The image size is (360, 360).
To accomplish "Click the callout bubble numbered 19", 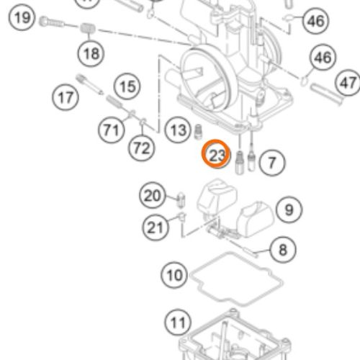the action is tap(22, 18).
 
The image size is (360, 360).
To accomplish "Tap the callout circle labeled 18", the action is tap(91, 53).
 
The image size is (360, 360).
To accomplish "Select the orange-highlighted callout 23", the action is tap(216, 154).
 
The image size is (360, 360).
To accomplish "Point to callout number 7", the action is tap(272, 163).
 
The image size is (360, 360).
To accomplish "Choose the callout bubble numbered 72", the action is tap(142, 148).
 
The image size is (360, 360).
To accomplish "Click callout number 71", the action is tap(112, 130).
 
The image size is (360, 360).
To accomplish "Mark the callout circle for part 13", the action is tap(178, 130).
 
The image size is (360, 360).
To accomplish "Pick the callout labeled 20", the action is tap(153, 196).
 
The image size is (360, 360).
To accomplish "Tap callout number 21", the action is tap(156, 228).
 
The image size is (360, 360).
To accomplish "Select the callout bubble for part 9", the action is tap(289, 210).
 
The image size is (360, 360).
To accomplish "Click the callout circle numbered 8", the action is tap(283, 250).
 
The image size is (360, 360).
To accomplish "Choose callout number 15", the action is tap(127, 86).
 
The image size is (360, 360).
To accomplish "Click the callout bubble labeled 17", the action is tap(66, 97).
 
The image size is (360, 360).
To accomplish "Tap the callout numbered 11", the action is tap(178, 323).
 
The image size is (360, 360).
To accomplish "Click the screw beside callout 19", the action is tap(51, 22).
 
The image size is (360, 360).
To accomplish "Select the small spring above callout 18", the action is tap(87, 28).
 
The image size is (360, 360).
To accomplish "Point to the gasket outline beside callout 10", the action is tap(236, 279).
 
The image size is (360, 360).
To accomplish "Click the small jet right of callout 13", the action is tap(198, 132).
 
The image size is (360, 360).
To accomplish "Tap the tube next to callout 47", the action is tap(326, 94).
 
